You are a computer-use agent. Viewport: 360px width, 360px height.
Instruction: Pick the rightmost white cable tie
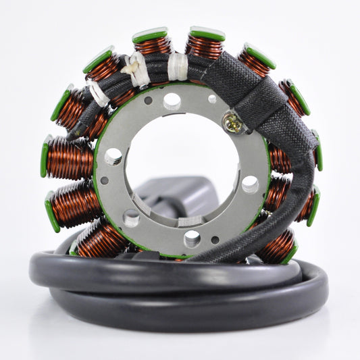178,66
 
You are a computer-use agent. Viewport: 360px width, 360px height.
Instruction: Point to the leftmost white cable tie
99,95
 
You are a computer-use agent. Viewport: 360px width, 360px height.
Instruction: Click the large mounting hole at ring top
172,101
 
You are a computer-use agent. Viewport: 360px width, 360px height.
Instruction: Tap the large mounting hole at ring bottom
192,238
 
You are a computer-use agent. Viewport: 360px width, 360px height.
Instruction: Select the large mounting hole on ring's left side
113,157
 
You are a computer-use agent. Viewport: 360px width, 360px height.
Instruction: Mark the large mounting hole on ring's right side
250,184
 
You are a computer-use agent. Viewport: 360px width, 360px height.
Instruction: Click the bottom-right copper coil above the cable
277,247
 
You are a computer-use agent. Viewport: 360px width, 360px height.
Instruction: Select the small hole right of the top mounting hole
212,99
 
